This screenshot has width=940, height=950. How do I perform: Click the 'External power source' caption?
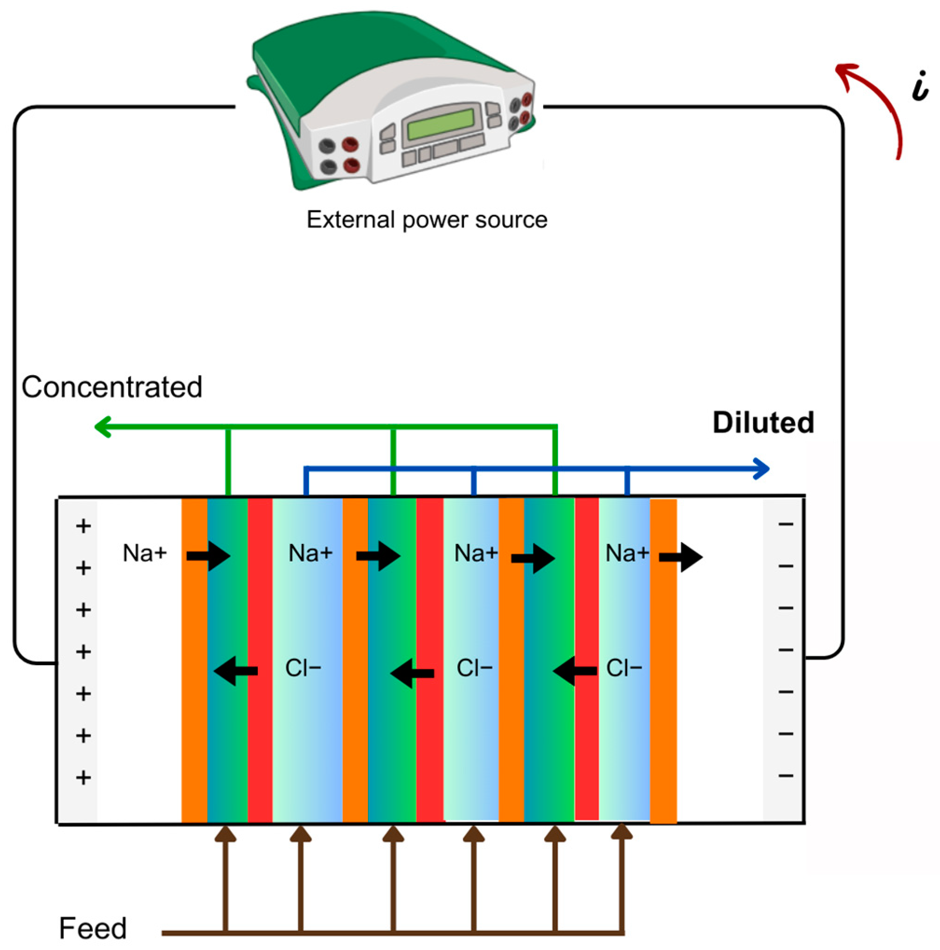click(427, 220)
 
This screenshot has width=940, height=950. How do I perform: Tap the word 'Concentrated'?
click(111, 387)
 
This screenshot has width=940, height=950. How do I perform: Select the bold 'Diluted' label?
click(763, 422)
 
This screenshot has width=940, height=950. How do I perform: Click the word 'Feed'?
click(92, 928)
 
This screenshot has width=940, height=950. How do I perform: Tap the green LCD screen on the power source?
click(440, 124)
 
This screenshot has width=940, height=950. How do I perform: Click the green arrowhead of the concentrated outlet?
click(102, 427)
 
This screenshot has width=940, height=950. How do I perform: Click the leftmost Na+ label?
click(145, 553)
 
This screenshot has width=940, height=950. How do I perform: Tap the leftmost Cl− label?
click(303, 668)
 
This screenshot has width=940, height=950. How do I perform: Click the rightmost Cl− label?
click(624, 668)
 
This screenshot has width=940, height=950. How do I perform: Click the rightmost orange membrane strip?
click(663, 688)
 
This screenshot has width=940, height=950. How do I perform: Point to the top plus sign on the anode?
click(83, 526)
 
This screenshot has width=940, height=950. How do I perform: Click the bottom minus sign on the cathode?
click(786, 776)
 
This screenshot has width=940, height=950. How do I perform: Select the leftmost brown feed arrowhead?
click(226, 834)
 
